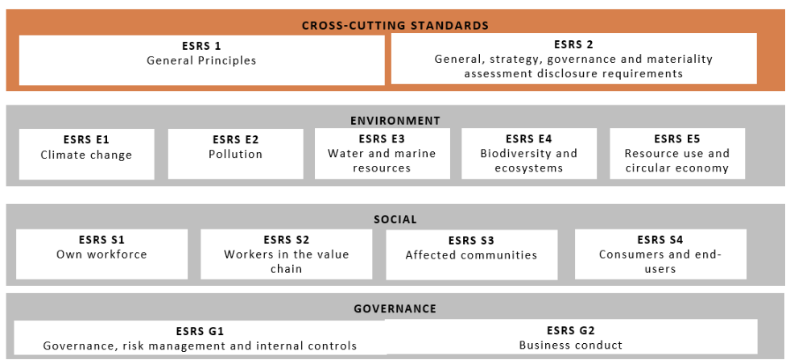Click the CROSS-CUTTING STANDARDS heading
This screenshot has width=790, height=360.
tap(395, 25)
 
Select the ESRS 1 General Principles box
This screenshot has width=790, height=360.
tap(201, 60)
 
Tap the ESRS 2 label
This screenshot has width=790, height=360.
tap(573, 44)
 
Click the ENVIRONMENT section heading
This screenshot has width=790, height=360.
tap(395, 121)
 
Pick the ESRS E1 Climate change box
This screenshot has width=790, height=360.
tap(87, 154)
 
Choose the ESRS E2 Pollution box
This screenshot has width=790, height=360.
tap(236, 154)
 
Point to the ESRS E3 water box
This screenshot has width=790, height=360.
tap(383, 153)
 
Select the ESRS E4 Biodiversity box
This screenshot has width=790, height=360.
tap(529, 153)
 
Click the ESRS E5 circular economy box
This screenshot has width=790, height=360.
tap(677, 153)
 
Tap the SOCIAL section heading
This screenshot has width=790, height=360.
tap(395, 219)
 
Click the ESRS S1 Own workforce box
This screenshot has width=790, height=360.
tap(101, 254)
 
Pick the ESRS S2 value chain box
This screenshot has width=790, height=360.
tap(287, 254)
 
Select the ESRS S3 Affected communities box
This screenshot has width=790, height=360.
tap(472, 254)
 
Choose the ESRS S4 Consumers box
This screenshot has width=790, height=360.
tap(660, 254)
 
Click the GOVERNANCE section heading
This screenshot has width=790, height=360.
tap(395, 308)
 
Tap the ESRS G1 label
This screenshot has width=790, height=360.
tap(200, 331)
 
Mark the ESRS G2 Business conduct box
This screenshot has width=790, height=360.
tap(571, 337)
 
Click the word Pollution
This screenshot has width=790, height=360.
tap(236, 155)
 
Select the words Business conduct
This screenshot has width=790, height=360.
tap(571, 346)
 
